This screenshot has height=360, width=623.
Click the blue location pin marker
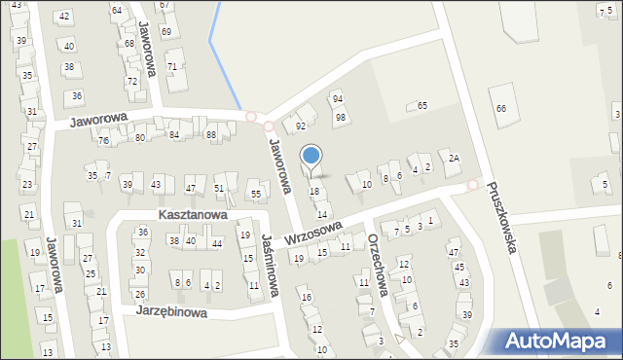click(311, 157)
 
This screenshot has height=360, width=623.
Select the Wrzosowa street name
click(314, 234)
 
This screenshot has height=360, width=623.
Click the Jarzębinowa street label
click(170, 312)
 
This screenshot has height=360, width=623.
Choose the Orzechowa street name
click(379, 266)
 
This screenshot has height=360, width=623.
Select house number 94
click(338, 99)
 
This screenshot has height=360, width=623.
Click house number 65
click(422, 105)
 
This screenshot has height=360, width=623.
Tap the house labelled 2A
click(454, 158)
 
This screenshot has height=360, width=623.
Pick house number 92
click(301, 126)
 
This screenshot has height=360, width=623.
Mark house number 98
click(341, 118)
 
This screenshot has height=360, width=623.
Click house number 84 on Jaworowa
click(174, 134)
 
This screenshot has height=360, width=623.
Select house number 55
click(256, 195)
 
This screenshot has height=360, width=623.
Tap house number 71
click(171, 66)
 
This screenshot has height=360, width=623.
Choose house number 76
click(103, 141)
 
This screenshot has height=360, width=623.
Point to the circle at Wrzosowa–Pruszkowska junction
click(474, 185)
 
